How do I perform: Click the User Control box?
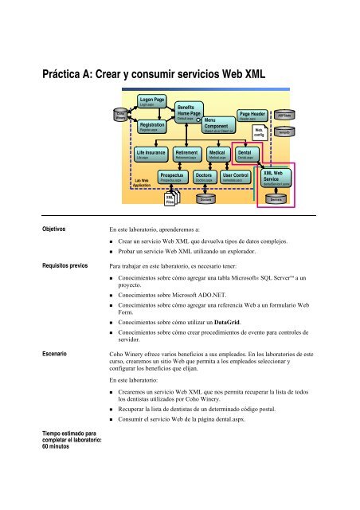coord(237,177)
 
